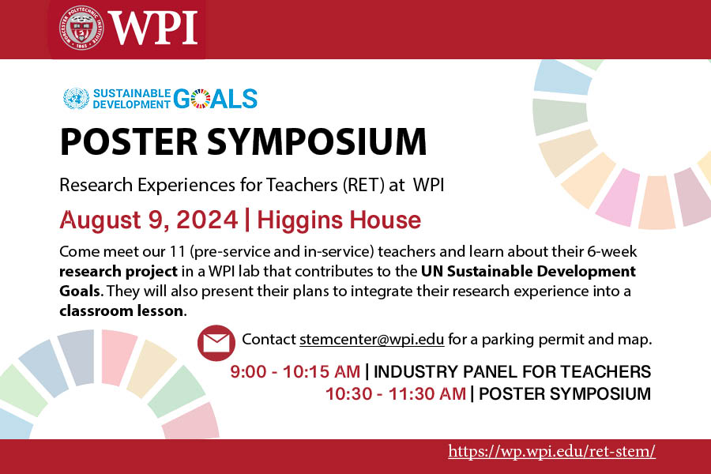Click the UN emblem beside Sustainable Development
pyautogui.click(x=77, y=99)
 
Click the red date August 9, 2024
pyautogui.click(x=149, y=219)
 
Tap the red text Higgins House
pyautogui.click(x=338, y=219)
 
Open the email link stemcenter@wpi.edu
pyautogui.click(x=371, y=340)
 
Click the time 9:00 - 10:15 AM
pyautogui.click(x=295, y=371)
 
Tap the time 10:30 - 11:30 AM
pyautogui.click(x=396, y=393)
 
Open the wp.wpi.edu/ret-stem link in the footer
pyautogui.click(x=551, y=452)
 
